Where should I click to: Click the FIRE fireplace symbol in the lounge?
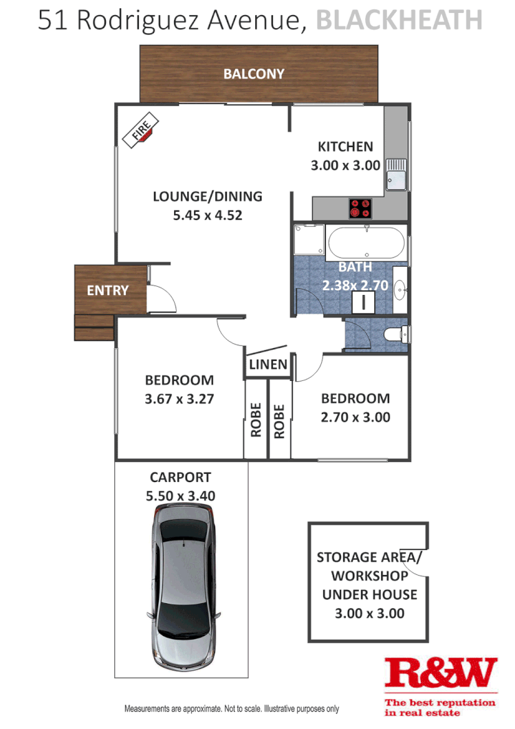point(141,131)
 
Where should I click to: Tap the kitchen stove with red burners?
point(360,208)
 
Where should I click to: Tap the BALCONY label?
point(254,74)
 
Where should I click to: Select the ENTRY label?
point(107,290)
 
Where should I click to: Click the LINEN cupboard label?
point(268,364)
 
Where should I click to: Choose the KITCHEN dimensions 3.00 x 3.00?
point(345,165)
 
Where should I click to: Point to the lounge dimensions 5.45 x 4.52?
point(207,215)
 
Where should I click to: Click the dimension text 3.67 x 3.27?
point(179,398)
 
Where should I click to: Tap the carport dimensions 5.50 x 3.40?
point(180,495)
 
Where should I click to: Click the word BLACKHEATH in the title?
point(399,21)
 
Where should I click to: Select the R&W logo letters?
point(440,674)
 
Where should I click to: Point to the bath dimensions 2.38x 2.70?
point(355,285)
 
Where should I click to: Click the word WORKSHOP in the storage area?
point(369,576)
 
